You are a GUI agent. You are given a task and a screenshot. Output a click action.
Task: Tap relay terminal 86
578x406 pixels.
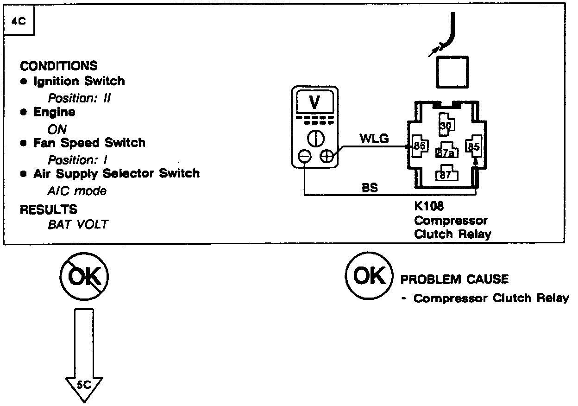[x=420, y=146]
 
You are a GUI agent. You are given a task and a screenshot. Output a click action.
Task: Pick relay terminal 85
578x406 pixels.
[x=473, y=146]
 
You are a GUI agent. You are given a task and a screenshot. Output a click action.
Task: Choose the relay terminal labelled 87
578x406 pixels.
[x=446, y=174]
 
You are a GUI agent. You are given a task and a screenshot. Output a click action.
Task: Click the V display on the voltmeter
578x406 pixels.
[x=314, y=103]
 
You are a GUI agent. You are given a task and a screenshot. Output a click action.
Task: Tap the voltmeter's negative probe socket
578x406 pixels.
[x=304, y=157]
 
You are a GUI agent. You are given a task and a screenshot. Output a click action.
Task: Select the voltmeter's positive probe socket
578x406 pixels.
[x=327, y=157]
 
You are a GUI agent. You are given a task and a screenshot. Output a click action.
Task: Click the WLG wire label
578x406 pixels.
[x=374, y=139]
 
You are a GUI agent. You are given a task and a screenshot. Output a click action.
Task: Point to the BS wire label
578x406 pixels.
[x=370, y=188]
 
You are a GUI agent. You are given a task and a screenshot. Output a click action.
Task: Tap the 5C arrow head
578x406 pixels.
[x=84, y=386]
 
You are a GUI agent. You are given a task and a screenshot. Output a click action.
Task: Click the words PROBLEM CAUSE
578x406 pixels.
[x=454, y=279]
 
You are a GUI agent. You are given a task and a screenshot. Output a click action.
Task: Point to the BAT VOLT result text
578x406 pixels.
[x=78, y=225]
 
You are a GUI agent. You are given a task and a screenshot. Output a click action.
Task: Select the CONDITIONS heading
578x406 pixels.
[x=59, y=66]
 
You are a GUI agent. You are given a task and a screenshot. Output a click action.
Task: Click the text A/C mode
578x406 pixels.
[x=77, y=191]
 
